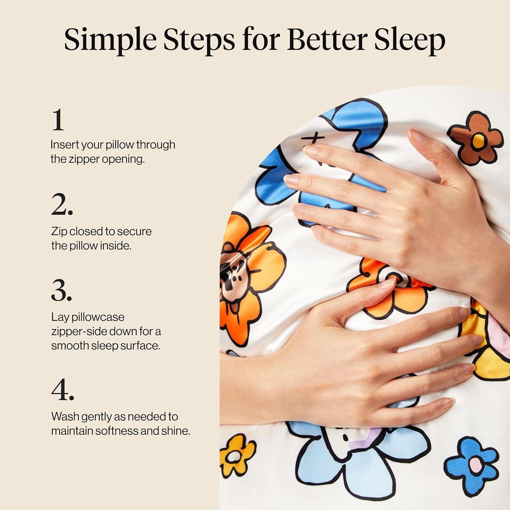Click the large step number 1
tap(58, 119)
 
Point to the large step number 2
tap(62, 204)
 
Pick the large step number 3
tap(62, 290)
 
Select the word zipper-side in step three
tap(80, 331)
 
